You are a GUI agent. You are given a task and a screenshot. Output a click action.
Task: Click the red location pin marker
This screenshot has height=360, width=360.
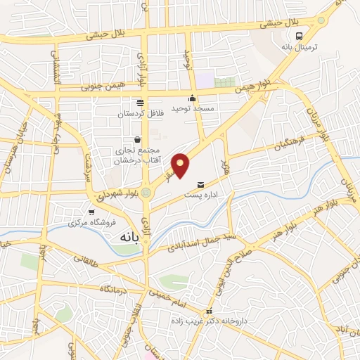coord(181,165)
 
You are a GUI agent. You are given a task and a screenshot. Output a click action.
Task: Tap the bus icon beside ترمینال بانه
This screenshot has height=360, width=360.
coord(300,36)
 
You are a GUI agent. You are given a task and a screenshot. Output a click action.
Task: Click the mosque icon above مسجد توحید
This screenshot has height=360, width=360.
coord(192,98)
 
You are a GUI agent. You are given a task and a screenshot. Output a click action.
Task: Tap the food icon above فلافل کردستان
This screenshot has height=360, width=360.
coord(141,101)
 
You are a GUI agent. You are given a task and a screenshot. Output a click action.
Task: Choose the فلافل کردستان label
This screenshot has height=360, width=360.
coord(141,112)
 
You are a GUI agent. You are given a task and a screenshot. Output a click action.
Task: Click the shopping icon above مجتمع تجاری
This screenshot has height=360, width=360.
coord(137,139)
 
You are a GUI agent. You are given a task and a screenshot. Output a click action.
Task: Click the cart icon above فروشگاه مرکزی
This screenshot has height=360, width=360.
coord(91,212)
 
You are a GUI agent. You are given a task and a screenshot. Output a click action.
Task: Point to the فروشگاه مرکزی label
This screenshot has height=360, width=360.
coord(86,224)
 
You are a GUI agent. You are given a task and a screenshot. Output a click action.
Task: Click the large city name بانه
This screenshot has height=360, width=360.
coord(122,238)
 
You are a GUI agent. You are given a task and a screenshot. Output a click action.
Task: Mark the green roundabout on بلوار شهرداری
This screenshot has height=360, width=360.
coord(146,192)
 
